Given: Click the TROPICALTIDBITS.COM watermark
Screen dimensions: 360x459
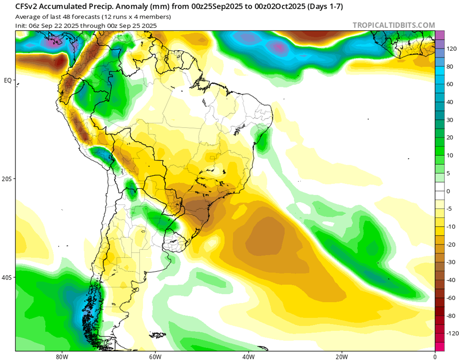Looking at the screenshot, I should tap(393, 25).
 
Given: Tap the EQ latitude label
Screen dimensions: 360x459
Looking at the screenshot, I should tap(8, 80).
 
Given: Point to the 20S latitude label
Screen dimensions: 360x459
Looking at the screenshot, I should tap(7, 179).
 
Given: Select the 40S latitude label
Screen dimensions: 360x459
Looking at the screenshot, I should tap(7, 277).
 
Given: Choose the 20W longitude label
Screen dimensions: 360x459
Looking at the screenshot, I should tap(341, 356).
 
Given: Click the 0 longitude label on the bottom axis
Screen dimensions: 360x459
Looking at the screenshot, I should tap(435, 356).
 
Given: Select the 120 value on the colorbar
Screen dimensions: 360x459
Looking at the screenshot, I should tap(451, 49).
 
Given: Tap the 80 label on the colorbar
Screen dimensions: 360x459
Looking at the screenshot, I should tap(450, 66).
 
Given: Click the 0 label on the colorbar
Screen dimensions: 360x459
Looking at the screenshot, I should tap(448, 191).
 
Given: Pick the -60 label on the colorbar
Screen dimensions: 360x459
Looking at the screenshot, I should tap(451, 298).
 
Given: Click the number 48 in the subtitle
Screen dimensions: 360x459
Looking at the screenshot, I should tap(70, 17).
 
